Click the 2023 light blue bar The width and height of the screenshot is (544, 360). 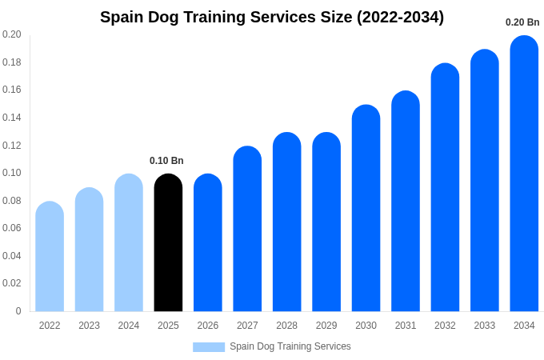click(89, 250)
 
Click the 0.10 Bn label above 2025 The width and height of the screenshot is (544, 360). click(166, 161)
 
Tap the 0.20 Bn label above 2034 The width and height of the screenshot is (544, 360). click(522, 22)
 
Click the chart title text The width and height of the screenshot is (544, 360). click(272, 17)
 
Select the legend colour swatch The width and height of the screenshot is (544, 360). click(209, 347)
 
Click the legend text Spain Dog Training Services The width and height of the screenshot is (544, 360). click(290, 346)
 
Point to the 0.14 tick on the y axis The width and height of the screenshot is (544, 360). click(11, 118)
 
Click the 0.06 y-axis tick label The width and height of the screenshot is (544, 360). click(11, 228)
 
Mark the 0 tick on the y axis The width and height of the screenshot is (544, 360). click(18, 311)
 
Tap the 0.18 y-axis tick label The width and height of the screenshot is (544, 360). click(11, 62)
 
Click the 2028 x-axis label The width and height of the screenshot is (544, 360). click(286, 326)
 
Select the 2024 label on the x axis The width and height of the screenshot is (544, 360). click(129, 326)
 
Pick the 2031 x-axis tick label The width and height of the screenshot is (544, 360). click(406, 326)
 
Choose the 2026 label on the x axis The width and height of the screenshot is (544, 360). click(208, 326)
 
